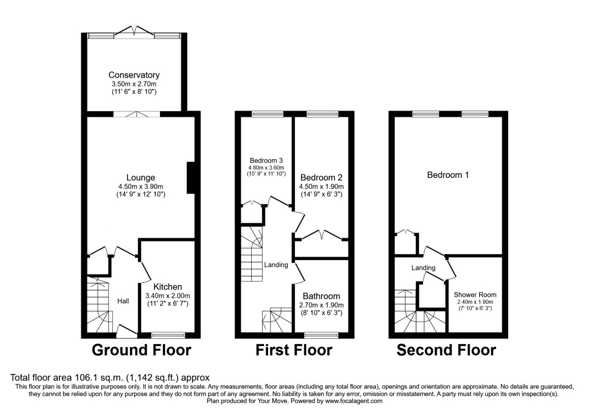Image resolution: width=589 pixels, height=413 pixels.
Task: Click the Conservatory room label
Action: click(134, 75)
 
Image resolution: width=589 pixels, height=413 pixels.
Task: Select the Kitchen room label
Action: click(167, 287)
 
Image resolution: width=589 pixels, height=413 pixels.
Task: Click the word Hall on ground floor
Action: click(123, 300)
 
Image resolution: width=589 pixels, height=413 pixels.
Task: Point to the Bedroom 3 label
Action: click(266, 160)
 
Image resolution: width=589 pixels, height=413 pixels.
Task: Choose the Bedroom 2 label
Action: click(321, 177)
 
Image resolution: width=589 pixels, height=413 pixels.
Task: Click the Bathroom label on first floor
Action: click(321, 296)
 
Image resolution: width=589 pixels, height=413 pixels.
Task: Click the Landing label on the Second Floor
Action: click(423, 267)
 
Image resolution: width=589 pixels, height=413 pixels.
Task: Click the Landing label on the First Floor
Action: click(276, 265)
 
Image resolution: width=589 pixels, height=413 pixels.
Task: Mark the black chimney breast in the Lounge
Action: click(190, 178)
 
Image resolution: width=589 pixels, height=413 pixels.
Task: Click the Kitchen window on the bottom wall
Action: click(168, 335)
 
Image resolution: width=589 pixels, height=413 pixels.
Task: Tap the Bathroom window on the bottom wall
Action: click(321, 335)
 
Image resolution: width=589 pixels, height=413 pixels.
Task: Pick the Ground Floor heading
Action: click(141, 351)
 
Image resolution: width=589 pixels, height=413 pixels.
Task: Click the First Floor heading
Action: click(294, 351)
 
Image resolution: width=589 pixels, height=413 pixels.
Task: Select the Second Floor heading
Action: click(446, 351)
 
